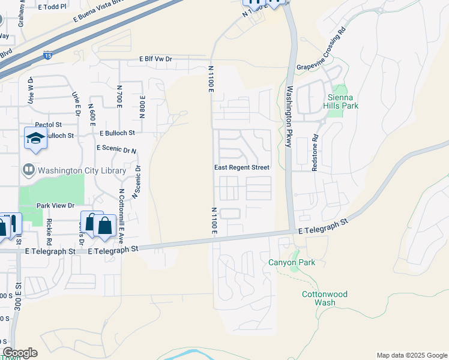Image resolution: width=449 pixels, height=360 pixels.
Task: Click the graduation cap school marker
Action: tap(35, 139)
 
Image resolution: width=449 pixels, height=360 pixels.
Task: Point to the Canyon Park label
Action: tap(291, 263)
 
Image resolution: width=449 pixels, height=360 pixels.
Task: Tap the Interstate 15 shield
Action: tap(47, 56)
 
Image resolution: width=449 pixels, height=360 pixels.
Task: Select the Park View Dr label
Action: tap(59, 205)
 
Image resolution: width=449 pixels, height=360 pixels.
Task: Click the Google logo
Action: tap(20, 353)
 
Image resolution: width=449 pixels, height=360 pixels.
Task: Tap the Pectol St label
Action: tap(50, 125)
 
